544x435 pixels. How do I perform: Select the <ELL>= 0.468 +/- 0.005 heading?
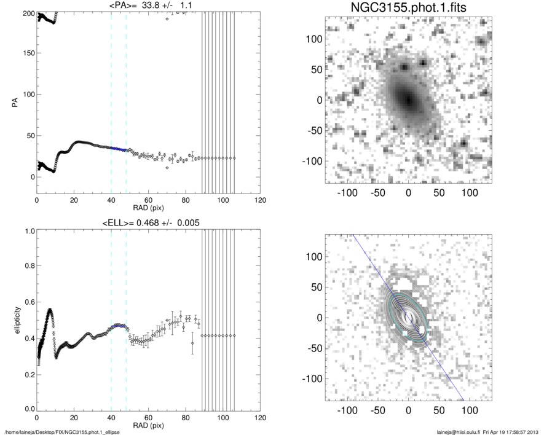pyautogui.click(x=149, y=222)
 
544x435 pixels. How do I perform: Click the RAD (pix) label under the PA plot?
pyautogui.click(x=149, y=208)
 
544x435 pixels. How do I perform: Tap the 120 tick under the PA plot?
pyautogui.click(x=261, y=200)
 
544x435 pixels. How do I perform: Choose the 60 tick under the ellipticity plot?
pyautogui.click(x=149, y=417)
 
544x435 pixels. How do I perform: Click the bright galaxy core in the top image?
pyautogui.click(x=407, y=100)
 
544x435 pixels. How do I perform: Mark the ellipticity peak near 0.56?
pyautogui.click(x=50, y=309)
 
